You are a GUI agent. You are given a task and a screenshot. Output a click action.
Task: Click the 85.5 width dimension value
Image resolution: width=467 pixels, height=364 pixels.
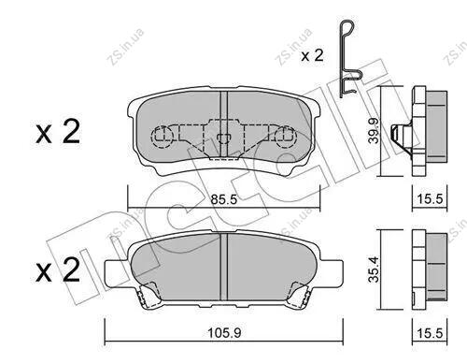point(224,199)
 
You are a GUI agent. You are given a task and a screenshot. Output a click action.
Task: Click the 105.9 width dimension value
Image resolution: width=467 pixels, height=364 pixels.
point(224,333)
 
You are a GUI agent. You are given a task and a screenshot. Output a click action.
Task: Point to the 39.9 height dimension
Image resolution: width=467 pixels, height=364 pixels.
point(374,131)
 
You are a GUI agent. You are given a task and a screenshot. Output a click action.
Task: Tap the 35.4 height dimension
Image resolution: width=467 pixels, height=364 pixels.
point(374,269)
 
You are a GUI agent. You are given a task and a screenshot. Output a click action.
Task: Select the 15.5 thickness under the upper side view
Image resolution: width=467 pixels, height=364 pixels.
point(430,198)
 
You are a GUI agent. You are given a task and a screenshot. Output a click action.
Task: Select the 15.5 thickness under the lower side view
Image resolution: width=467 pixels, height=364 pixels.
point(430,333)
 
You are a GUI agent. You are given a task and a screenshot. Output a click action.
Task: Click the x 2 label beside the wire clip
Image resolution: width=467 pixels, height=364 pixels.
point(312,56)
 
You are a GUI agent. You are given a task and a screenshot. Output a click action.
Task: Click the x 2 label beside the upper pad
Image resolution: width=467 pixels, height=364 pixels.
point(58,132)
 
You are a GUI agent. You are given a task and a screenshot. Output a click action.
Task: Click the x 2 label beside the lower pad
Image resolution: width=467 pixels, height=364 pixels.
point(58,270)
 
